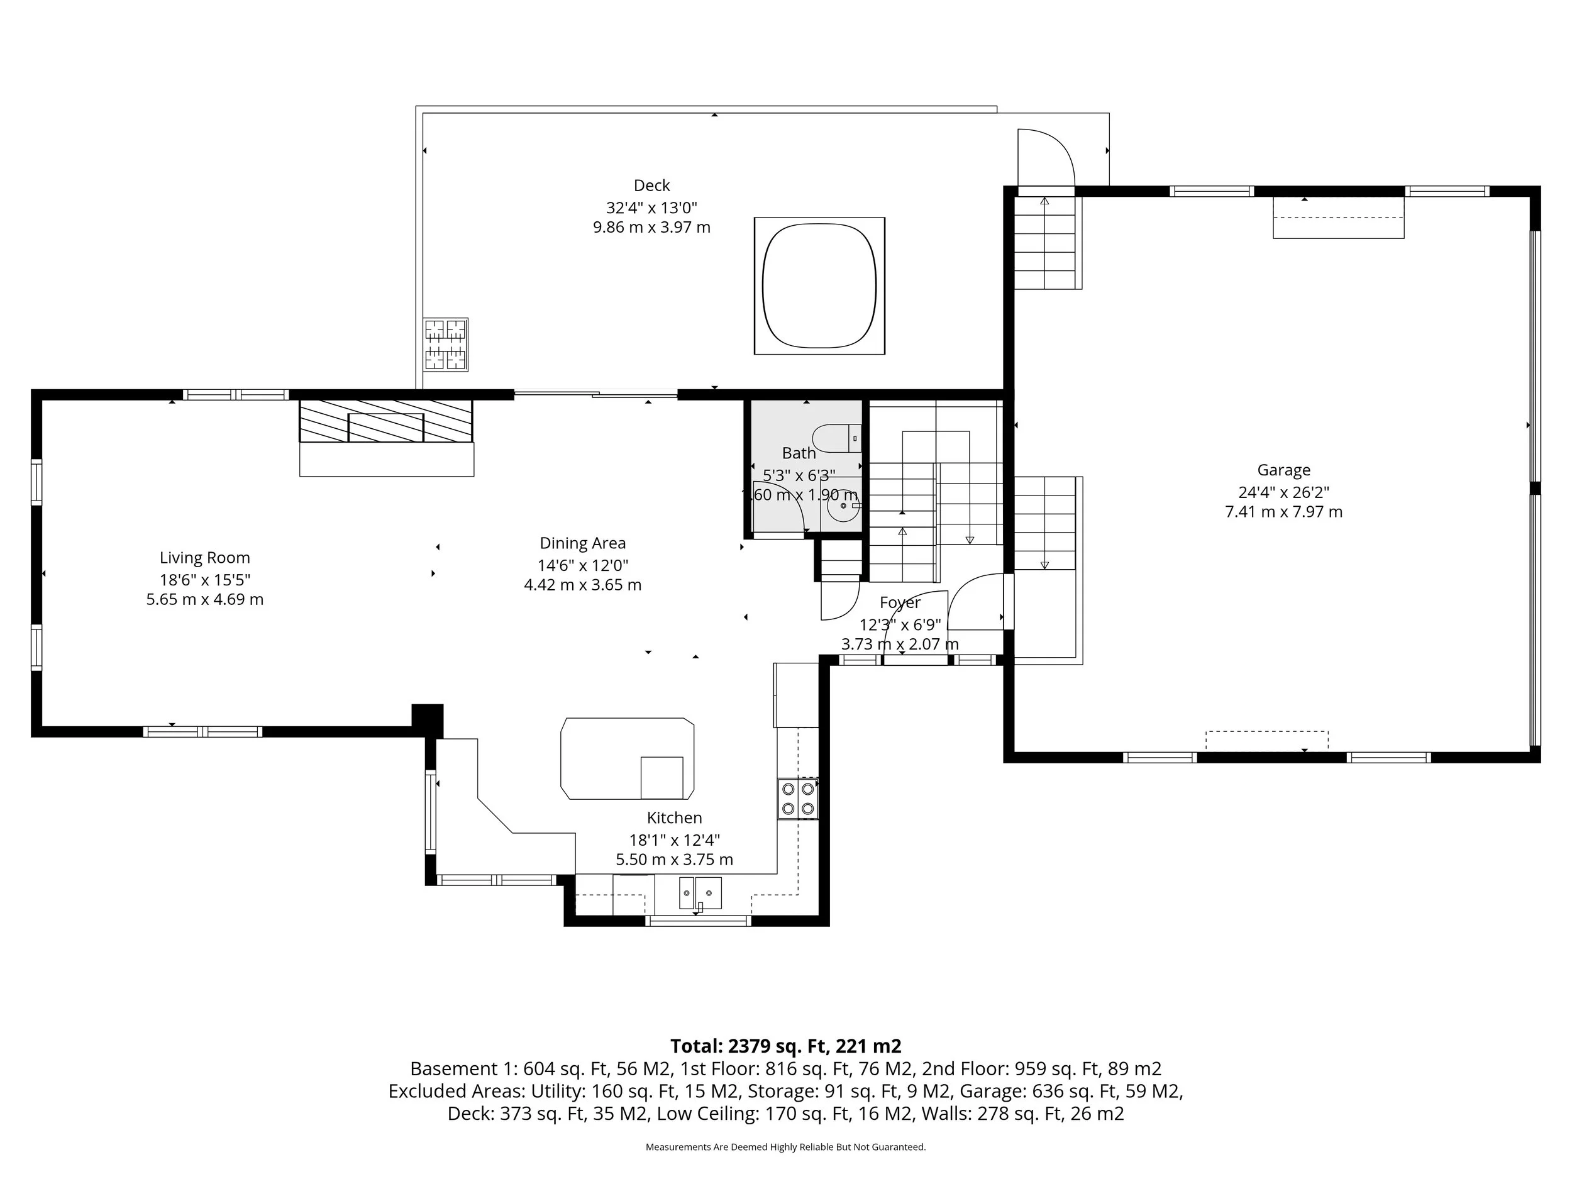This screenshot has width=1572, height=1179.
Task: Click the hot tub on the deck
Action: point(819,285)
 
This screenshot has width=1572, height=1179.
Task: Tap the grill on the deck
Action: point(446,344)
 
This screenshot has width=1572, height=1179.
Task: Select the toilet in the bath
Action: point(836,438)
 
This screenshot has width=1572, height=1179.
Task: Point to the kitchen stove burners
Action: point(797,798)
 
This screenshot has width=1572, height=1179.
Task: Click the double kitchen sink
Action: point(700,893)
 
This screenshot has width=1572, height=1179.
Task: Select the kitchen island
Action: point(627,758)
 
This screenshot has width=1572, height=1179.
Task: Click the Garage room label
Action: point(1283,470)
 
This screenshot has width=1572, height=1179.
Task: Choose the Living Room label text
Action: point(204,558)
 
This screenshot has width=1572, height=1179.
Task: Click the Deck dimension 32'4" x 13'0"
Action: point(651,208)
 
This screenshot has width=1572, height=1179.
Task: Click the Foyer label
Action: point(900,602)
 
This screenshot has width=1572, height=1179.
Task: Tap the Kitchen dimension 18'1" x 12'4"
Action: point(673,840)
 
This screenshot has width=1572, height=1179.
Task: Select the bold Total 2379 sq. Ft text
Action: point(785,1046)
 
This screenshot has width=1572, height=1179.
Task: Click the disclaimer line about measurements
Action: point(785,1147)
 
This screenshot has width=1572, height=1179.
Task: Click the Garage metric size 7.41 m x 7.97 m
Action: point(1283,512)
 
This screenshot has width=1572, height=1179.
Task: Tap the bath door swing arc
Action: point(780,504)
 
